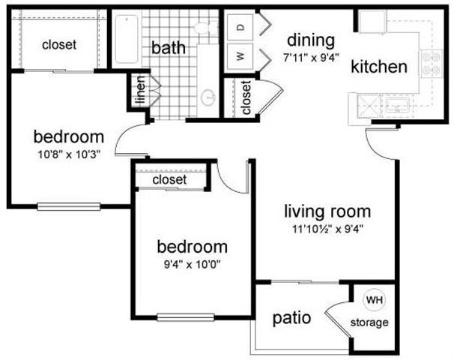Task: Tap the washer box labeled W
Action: pos(240,55)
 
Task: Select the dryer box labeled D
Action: pos(240,26)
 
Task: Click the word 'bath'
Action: pos(169,47)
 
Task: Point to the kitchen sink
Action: pos(395,106)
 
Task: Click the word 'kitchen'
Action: pos(379,66)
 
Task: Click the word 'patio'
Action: pos(292,317)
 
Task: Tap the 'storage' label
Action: pos(370,323)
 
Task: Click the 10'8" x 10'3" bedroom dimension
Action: pos(67,154)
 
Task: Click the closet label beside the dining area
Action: pos(247,97)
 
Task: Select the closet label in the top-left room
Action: pos(59,44)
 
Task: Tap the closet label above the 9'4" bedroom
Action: pos(169,180)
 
